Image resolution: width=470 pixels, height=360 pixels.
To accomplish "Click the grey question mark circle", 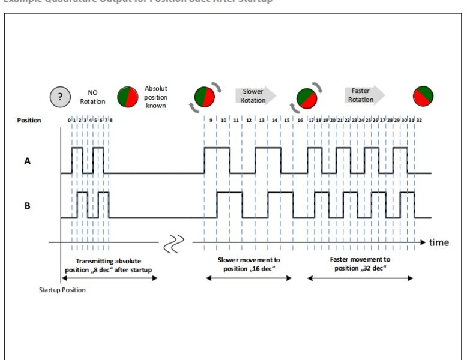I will point(60,96).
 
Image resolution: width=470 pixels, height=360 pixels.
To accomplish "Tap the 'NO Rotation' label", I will point(92,97).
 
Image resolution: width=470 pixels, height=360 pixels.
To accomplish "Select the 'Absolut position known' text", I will point(156,97).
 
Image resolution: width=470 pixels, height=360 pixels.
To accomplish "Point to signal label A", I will point(28,161).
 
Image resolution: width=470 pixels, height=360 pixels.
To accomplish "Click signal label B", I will point(28,206).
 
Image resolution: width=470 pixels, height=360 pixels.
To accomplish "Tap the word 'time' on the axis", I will point(439,242).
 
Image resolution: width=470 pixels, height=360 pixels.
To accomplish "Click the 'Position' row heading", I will point(29,121).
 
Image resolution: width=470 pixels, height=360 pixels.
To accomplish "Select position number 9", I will point(211,121).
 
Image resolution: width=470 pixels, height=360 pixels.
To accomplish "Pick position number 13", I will point(261,121).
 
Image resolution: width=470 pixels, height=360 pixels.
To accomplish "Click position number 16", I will point(300,121).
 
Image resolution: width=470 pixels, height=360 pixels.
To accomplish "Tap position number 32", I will point(419,121).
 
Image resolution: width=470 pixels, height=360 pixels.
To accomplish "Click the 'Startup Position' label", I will point(62,290).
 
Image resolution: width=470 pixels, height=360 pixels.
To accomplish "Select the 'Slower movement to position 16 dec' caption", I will point(249,264).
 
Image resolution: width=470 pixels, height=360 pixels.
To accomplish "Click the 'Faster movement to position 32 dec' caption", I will point(360,264).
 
